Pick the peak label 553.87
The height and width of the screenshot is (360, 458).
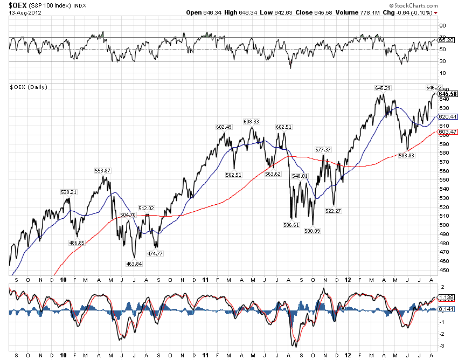pyautogui.click(x=102, y=170)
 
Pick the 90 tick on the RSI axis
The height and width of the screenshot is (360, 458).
pyautogui.click(x=442, y=25)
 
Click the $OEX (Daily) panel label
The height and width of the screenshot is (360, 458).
pyautogui.click(x=27, y=87)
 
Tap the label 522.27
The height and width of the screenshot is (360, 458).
pyautogui.click(x=334, y=211)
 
